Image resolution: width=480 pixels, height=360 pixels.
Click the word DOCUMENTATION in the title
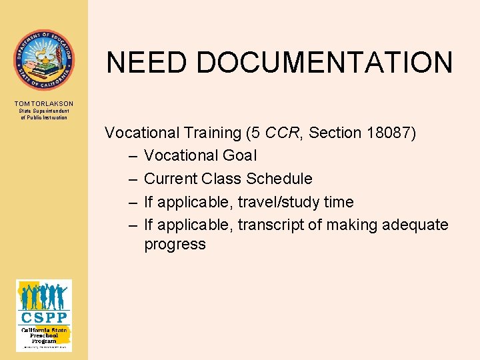click(325, 63)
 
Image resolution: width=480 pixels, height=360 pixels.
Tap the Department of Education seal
click(44, 59)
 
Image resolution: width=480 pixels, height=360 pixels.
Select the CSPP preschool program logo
click(44, 315)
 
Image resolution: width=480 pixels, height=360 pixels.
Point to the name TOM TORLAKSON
click(43, 103)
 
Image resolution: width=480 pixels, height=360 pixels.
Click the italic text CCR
click(279, 133)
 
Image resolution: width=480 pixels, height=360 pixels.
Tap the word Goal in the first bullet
click(238, 156)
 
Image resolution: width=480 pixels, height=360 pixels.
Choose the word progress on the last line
click(175, 245)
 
